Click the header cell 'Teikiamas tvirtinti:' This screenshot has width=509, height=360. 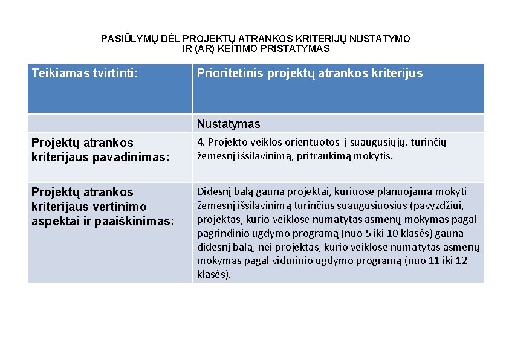85,74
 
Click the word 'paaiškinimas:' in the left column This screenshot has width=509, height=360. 133,221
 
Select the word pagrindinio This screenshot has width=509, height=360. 225,233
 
